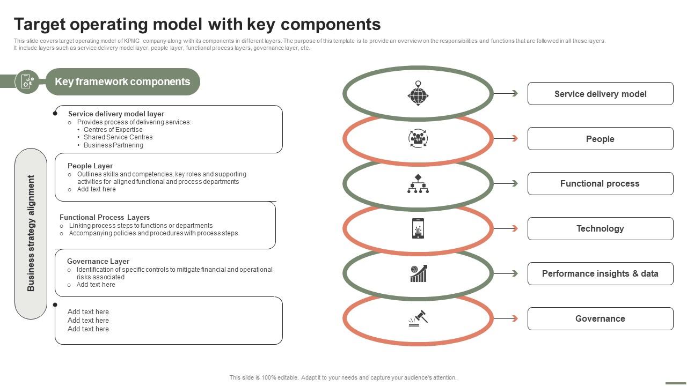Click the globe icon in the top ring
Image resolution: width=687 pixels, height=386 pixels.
tap(418, 93)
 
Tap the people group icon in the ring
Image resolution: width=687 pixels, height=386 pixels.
tap(418, 138)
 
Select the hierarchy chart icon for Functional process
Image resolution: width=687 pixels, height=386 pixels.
tap(418, 183)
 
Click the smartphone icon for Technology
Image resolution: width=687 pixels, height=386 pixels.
tap(418, 228)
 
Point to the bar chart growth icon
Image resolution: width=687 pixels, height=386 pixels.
tap(418, 273)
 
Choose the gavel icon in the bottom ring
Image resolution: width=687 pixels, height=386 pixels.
tap(418, 318)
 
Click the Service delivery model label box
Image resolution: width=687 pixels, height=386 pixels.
tap(600, 94)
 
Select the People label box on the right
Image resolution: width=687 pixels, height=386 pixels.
tap(600, 139)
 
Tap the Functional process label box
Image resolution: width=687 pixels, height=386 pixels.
tap(600, 183)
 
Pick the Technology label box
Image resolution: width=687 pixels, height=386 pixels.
tap(600, 228)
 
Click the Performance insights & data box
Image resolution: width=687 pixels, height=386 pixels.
tap(600, 273)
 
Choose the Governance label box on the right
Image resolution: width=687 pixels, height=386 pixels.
tap(600, 318)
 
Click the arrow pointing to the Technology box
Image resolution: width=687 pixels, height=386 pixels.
tap(506, 228)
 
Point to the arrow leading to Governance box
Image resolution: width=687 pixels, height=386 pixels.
tap(506, 318)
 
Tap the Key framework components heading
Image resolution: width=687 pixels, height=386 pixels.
tap(122, 81)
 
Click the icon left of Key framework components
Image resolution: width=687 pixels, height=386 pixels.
tap(27, 81)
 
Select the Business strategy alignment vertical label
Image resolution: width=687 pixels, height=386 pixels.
tap(31, 233)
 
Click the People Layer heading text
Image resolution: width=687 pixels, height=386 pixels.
tap(90, 166)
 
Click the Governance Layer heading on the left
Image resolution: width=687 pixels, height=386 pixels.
tap(98, 261)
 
